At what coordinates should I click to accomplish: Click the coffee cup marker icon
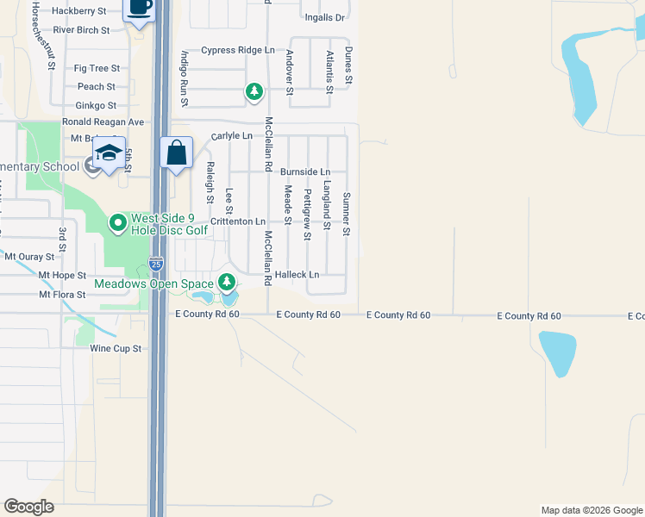[140, 8]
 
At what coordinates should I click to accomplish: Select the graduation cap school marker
[110, 153]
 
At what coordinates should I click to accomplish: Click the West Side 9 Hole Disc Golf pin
[119, 224]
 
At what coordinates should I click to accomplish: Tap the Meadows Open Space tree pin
[226, 282]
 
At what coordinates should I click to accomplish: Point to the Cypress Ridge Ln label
[232, 50]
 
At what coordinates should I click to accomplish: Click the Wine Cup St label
[115, 349]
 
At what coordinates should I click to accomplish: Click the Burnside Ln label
[305, 172]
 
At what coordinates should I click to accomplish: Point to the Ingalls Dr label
[324, 17]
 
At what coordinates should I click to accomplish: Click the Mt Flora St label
[62, 295]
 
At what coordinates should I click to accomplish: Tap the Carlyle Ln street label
[232, 136]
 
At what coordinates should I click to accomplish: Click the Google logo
[28, 507]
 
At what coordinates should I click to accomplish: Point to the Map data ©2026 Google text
[591, 510]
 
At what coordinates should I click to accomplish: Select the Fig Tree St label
[97, 68]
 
